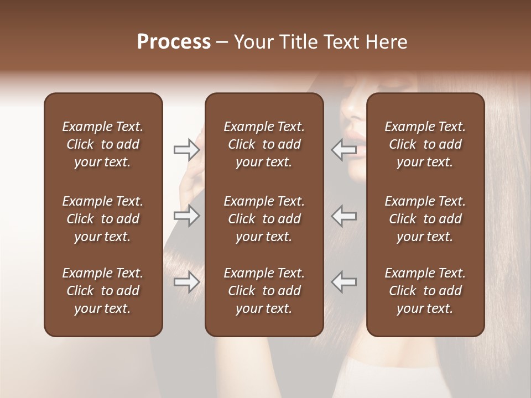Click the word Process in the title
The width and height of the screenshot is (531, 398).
(174, 42)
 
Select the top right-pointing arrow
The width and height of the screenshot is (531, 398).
(186, 149)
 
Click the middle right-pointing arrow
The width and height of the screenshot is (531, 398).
(186, 216)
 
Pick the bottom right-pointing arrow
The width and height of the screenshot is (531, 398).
(186, 282)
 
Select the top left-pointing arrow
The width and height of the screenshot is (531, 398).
(344, 149)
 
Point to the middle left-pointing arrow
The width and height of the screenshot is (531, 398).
(344, 216)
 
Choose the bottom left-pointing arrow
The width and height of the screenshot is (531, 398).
(344, 282)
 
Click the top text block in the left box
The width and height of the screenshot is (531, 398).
(103, 144)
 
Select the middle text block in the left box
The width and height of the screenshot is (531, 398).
(103, 219)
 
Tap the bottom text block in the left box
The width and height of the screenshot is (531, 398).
(103, 291)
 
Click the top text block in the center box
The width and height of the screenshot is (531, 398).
(264, 144)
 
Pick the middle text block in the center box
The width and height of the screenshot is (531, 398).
(264, 219)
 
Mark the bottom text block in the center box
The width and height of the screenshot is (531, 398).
(264, 291)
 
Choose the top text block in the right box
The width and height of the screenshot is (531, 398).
(425, 144)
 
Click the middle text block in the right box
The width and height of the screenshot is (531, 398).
(425, 219)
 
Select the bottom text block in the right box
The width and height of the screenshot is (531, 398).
(425, 291)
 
